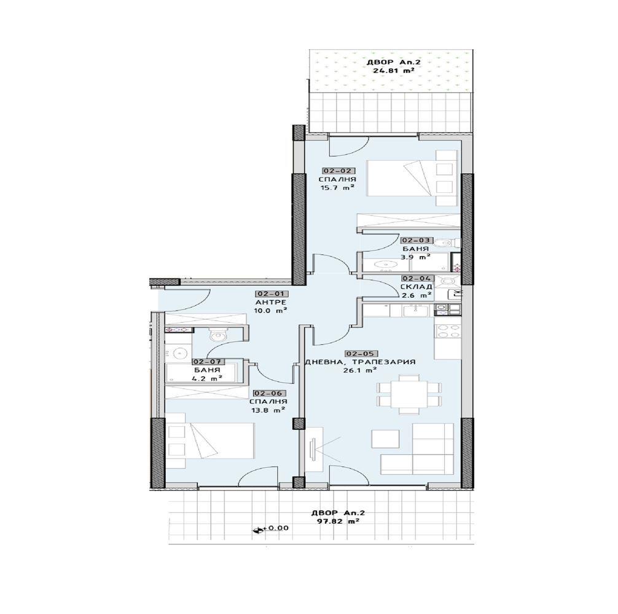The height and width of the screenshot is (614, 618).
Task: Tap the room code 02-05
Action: click(361, 354)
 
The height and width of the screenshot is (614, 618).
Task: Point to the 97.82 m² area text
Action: click(338, 521)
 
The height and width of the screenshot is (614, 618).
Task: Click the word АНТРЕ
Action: click(270, 302)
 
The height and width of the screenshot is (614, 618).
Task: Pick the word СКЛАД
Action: click(417, 287)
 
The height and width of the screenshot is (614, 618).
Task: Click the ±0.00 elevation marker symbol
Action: click(259, 530)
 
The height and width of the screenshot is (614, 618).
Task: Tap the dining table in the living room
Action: click(409, 394)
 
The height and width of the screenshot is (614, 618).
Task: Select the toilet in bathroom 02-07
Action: click(217, 335)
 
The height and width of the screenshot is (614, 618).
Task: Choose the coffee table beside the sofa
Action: click(385, 439)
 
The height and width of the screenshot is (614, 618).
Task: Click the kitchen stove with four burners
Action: click(448, 330)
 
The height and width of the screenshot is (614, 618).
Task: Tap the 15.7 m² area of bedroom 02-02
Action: click(337, 188)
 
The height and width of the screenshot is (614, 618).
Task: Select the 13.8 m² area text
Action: click(268, 410)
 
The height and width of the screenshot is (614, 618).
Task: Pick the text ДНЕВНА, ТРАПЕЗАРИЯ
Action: click(360, 362)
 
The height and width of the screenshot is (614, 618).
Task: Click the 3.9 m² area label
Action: click(415, 257)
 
